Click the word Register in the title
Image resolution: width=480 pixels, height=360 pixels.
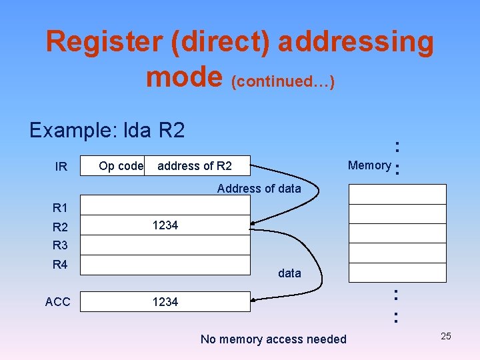tap(104, 42)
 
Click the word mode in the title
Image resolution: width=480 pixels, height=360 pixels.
tap(184, 77)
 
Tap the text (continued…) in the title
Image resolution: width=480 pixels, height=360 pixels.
tap(283, 81)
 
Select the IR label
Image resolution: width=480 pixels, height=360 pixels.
tap(61, 167)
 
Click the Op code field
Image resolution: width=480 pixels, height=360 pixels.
tap(121, 165)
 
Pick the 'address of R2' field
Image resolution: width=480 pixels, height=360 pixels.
tap(195, 165)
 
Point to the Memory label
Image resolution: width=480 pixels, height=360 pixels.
tap(369, 165)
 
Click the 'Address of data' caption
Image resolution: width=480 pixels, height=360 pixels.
tap(259, 189)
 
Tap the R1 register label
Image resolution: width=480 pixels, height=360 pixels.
tap(60, 207)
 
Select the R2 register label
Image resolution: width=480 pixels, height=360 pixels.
tap(60, 227)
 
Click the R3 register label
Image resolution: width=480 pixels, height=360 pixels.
tap(60, 245)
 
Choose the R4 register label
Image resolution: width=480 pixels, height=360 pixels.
tap(60, 265)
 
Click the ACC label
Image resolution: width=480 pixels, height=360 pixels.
tap(58, 302)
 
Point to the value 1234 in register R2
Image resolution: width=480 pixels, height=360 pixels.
tap(165, 225)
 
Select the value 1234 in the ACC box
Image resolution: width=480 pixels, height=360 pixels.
tap(165, 302)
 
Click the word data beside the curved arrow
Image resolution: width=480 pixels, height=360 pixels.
tap(289, 273)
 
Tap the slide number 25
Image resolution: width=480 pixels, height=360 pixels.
tap(446, 336)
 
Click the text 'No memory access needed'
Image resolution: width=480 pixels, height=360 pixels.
tap(273, 339)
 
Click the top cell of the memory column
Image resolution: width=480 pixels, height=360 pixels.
tap(397, 193)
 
